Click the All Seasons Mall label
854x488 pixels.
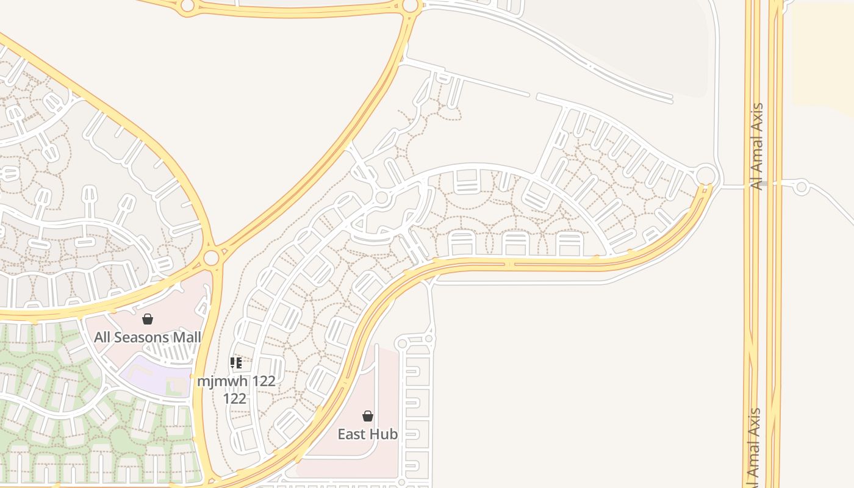(x=148, y=337)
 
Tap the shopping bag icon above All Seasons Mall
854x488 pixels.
(x=148, y=319)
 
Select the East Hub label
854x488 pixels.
(x=368, y=434)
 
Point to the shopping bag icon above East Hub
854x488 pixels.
(x=368, y=416)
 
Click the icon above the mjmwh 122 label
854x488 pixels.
(x=236, y=364)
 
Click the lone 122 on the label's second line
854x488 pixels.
(x=235, y=399)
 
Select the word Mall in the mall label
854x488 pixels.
(x=187, y=337)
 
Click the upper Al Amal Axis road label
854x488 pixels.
(x=757, y=146)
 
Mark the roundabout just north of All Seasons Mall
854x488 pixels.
(x=211, y=257)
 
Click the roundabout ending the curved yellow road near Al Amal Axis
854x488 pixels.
(x=706, y=175)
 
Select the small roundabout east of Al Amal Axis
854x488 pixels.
(x=802, y=187)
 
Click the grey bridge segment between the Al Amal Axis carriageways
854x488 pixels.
(x=763, y=183)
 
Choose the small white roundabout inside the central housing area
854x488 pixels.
(x=382, y=198)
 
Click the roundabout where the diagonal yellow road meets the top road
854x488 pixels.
(x=411, y=6)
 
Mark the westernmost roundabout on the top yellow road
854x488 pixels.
(x=187, y=6)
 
